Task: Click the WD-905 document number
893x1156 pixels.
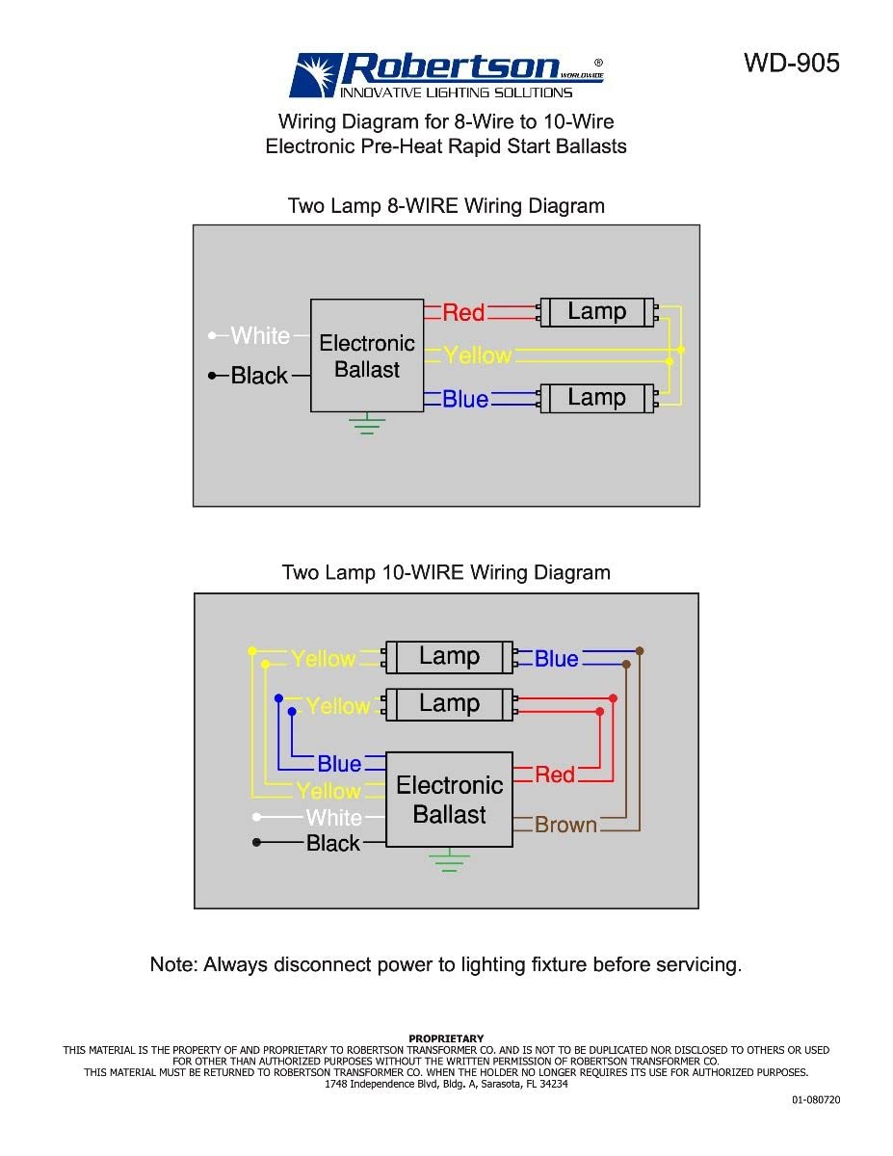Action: [x=791, y=63]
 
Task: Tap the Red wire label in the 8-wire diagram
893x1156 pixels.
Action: [x=463, y=312]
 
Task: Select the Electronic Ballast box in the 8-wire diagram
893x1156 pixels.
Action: [x=367, y=355]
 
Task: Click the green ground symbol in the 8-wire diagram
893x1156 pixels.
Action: [x=367, y=425]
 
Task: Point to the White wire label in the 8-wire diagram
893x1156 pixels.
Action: [x=260, y=336]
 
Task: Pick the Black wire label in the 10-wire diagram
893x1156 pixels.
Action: [x=332, y=843]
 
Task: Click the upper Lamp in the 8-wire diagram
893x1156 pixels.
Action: [x=596, y=312]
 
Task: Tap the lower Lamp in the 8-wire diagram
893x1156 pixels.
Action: [x=596, y=397]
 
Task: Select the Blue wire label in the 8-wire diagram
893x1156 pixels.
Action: [x=465, y=399]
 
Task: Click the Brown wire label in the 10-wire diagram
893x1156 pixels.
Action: [x=565, y=825]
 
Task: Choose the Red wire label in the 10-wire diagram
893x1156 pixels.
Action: [x=554, y=775]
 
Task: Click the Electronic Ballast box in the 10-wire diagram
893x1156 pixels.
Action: [x=449, y=800]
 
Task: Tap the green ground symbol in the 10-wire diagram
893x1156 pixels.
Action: [x=449, y=860]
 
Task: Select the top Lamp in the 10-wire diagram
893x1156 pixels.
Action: [x=449, y=657]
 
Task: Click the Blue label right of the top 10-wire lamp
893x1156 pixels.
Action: [x=556, y=659]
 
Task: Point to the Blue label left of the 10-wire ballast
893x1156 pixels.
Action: [x=339, y=764]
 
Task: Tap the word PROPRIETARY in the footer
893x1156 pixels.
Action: [x=446, y=1038]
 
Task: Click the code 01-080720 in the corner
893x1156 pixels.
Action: [x=816, y=1099]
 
